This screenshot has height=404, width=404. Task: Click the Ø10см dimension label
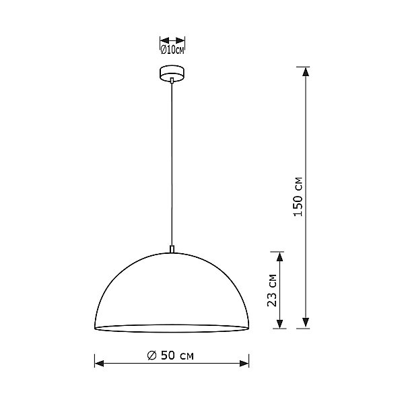[172, 49]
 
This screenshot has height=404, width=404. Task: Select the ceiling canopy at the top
[172, 72]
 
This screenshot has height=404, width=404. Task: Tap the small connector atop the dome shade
[172, 249]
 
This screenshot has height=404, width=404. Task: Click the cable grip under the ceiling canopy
[172, 81]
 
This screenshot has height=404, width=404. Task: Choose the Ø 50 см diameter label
[173, 355]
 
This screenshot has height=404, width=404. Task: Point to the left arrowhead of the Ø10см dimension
[162, 40]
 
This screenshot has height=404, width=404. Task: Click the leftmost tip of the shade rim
[95, 328]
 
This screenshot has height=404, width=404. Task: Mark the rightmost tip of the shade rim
[250, 328]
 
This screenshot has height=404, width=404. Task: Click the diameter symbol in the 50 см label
[151, 355]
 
